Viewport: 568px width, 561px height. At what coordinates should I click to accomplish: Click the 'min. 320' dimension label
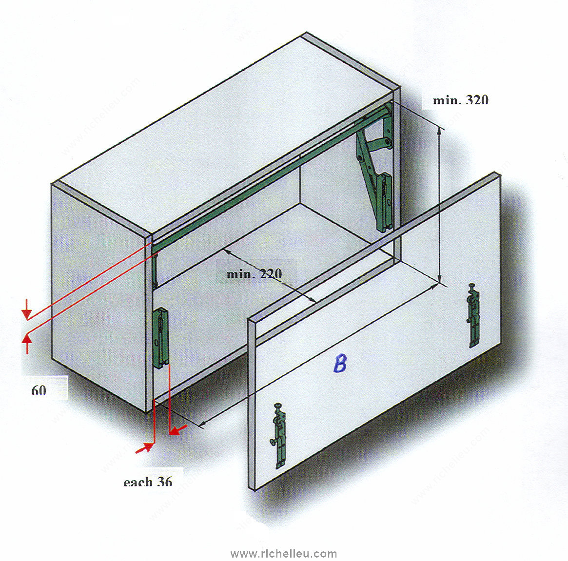460,99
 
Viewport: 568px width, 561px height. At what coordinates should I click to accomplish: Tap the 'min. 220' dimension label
254,273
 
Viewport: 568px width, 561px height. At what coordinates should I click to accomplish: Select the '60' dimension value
39,390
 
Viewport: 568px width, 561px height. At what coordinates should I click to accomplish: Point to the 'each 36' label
148,482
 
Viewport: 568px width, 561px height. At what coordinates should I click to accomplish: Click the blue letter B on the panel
340,364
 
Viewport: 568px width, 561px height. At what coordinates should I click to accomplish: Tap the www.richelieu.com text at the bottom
284,554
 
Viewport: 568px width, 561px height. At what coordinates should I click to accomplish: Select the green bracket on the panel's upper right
473,315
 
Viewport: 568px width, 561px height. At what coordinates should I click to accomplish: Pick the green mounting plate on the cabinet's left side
161,338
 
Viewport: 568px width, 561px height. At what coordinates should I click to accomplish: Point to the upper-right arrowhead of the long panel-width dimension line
433,287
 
